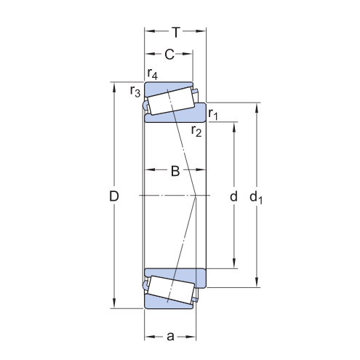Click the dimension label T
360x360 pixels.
175,31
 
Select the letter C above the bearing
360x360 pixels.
169,54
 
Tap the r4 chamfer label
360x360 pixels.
153,73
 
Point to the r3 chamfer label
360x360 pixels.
135,91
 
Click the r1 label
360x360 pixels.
213,113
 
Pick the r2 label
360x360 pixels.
196,131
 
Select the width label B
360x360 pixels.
175,172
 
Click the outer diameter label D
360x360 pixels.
113,196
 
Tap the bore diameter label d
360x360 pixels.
233,196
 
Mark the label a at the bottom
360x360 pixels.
170,336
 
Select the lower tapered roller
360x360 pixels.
169,290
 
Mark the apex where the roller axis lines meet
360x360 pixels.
196,196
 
